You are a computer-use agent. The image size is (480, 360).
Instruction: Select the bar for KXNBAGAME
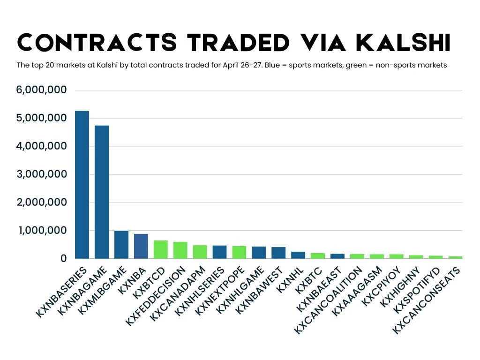101,192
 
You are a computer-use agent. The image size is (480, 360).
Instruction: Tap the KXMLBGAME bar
121,244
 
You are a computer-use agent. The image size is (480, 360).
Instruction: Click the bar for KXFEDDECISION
180,250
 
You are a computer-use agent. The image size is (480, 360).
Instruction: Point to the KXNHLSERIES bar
219,252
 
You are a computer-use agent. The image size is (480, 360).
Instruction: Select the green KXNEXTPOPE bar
239,252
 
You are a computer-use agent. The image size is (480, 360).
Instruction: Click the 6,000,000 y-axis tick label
41,90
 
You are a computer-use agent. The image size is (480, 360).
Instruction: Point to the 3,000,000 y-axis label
41,174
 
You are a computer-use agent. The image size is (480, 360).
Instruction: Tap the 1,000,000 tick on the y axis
41,231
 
